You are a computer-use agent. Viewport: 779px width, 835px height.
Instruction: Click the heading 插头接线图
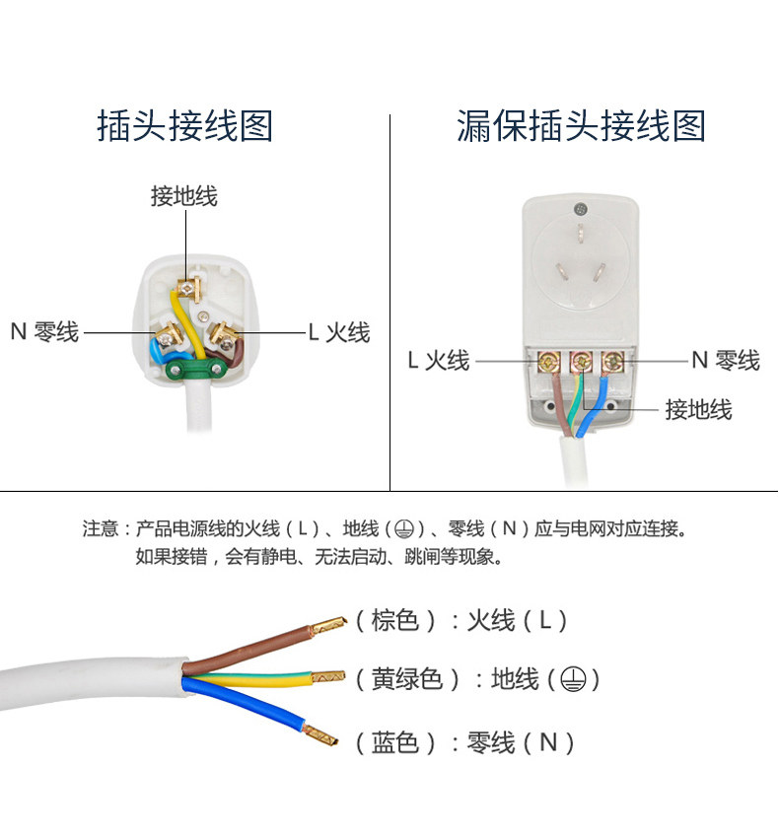click(x=184, y=126)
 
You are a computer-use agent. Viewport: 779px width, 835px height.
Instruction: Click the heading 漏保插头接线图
click(x=581, y=126)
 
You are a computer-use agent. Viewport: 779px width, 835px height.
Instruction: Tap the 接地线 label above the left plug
click(x=183, y=196)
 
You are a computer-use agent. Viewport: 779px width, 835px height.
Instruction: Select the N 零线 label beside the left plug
click(x=44, y=332)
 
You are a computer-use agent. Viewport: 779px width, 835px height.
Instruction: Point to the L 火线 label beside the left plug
click(x=338, y=332)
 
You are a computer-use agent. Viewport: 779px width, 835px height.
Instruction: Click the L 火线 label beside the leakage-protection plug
click(x=439, y=361)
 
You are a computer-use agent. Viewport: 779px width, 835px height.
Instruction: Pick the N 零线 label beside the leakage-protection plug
click(x=725, y=361)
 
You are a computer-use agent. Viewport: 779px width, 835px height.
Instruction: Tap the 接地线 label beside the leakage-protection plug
click(x=698, y=409)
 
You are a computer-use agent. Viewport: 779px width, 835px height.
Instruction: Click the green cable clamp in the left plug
click(x=192, y=371)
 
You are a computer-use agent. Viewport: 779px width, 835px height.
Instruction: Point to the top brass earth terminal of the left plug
click(x=185, y=288)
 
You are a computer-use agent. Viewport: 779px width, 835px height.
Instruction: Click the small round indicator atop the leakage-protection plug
click(x=580, y=208)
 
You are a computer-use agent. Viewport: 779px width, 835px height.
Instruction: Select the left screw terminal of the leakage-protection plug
click(x=549, y=363)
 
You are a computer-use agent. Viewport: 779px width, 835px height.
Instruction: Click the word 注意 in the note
click(x=100, y=529)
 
